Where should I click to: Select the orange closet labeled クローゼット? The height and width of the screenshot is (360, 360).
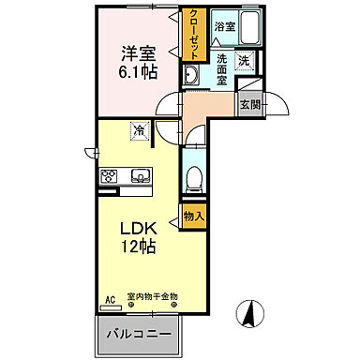pos(193,36)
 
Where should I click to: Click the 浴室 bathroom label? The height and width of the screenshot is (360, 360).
pos(223,26)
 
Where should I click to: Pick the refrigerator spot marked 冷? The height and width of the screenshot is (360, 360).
pos(139,131)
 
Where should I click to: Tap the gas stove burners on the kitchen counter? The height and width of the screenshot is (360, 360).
pos(108,175)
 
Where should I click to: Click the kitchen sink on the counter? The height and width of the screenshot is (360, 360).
pos(139,175)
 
